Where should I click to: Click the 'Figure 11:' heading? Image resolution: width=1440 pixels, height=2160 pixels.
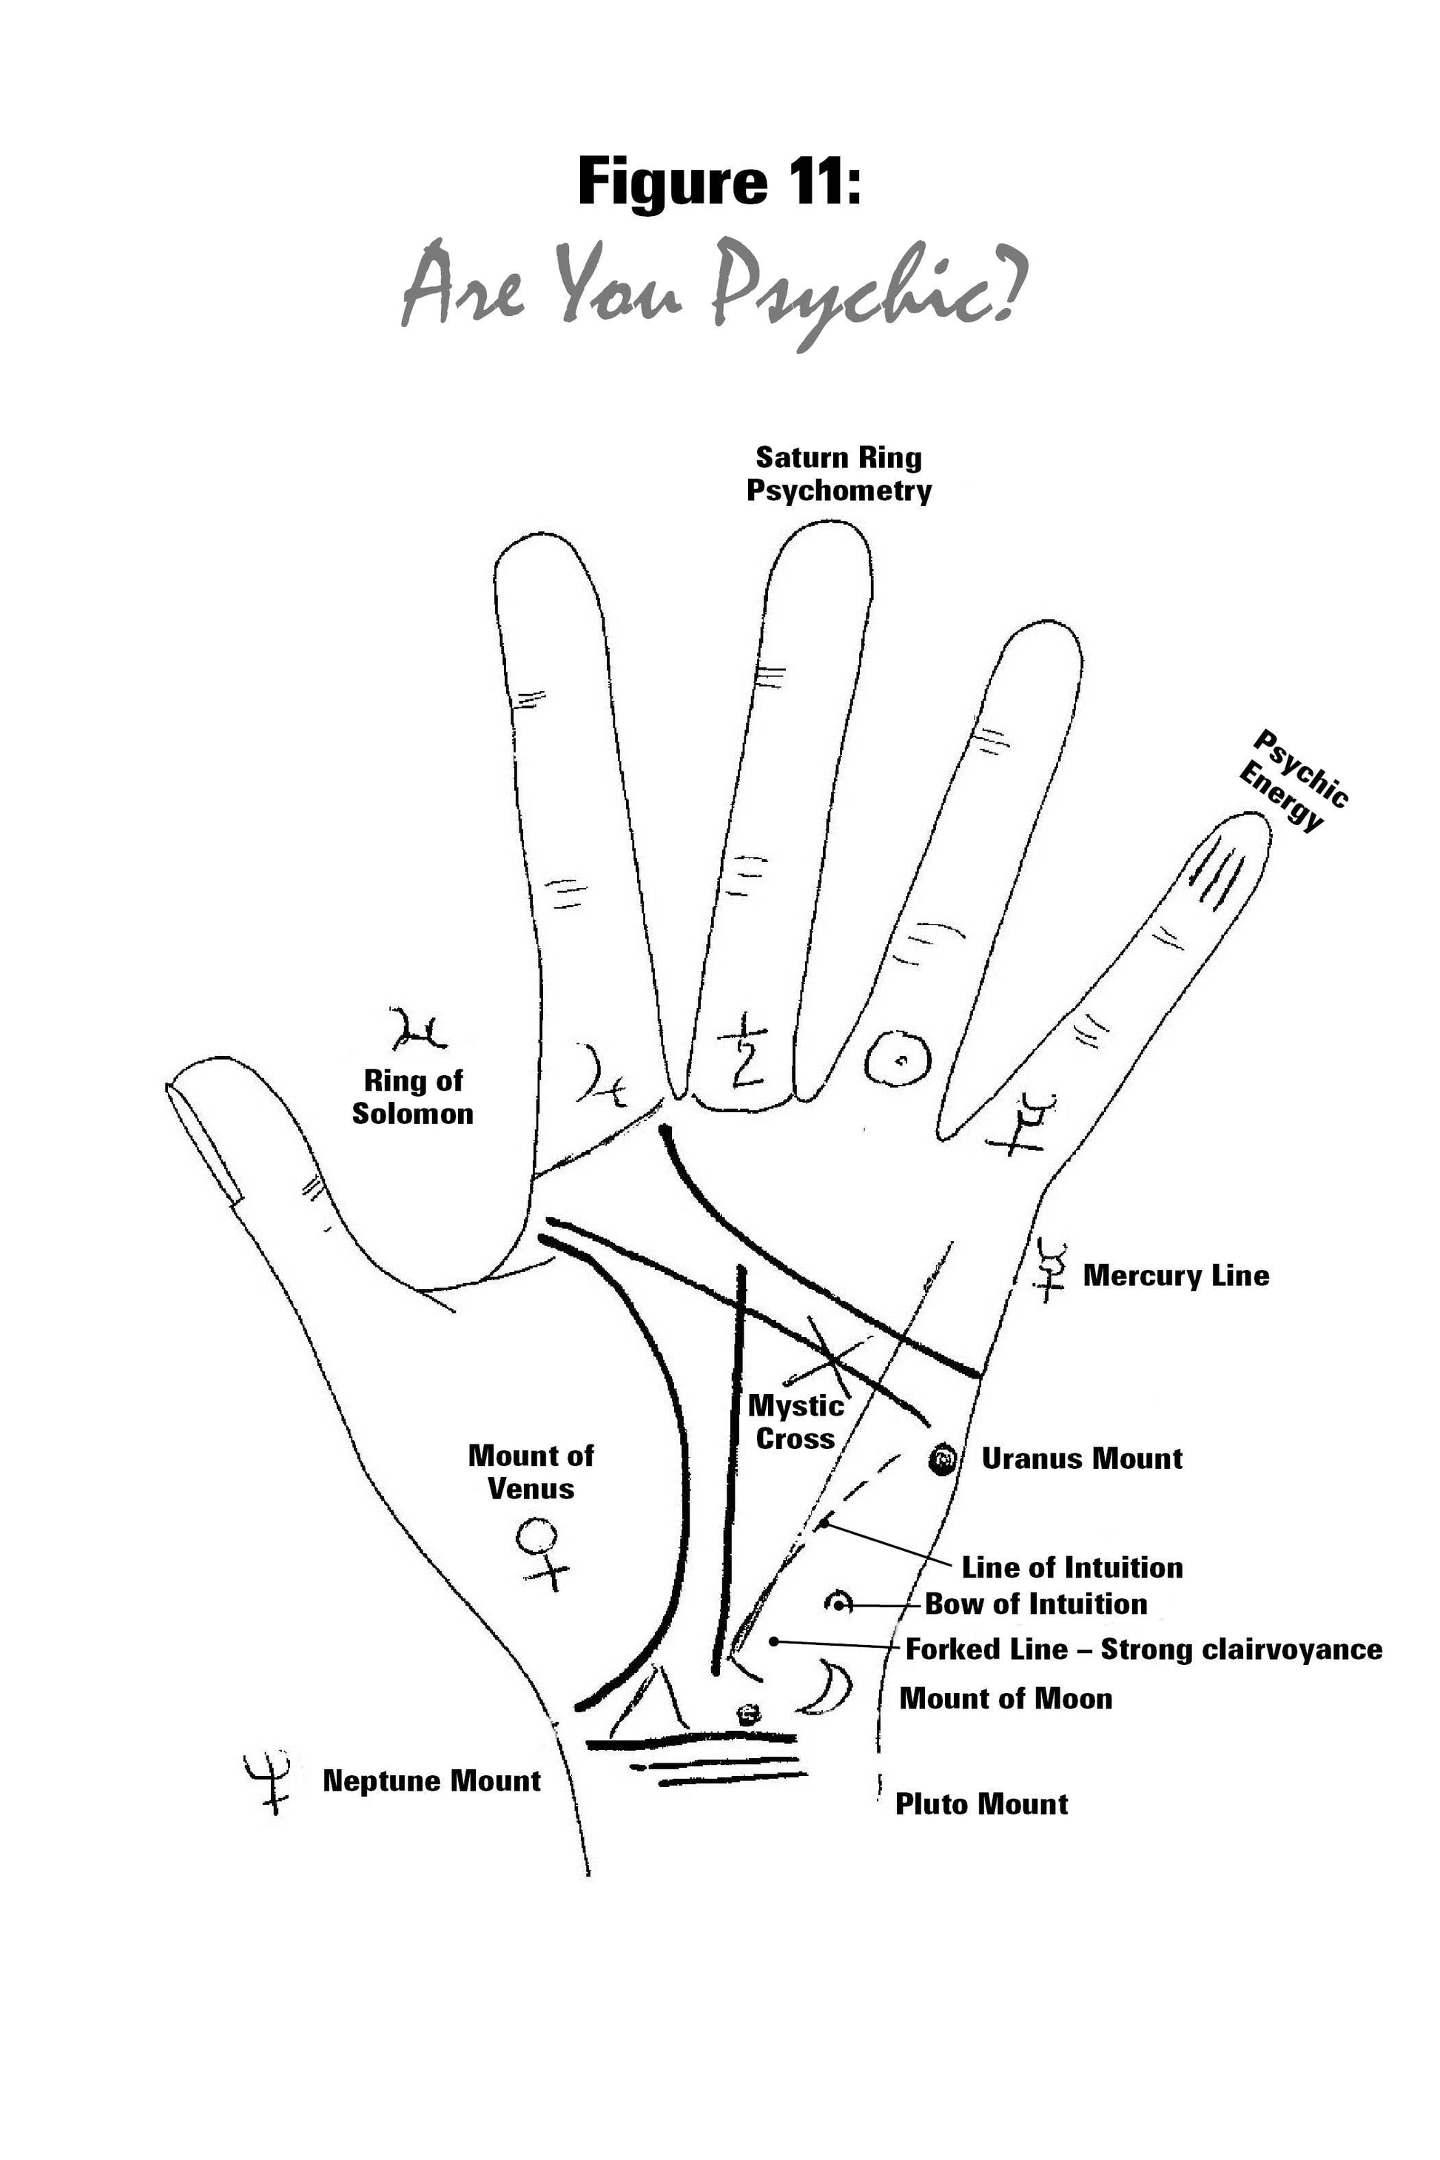click(719, 182)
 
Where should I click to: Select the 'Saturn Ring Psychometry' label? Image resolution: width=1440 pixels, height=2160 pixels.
click(838, 474)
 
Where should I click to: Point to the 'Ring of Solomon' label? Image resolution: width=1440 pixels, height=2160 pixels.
click(412, 1097)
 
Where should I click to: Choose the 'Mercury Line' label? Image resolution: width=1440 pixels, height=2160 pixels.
click(1176, 1276)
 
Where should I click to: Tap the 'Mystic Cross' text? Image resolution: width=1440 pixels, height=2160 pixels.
click(795, 1422)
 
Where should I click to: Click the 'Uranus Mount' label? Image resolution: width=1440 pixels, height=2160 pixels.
click(1082, 1458)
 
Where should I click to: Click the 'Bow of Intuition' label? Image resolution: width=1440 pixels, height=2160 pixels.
click(1036, 1604)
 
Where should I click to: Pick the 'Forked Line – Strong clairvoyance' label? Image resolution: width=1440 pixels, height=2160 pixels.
click(1143, 1649)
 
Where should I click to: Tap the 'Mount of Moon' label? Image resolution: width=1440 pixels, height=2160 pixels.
click(1006, 1699)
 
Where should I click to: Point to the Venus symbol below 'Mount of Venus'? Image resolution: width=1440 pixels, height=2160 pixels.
click(541, 1551)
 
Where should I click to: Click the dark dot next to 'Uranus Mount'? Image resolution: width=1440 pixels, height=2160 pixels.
click(942, 1458)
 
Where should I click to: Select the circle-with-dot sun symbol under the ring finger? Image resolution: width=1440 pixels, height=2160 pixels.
click(898, 1058)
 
